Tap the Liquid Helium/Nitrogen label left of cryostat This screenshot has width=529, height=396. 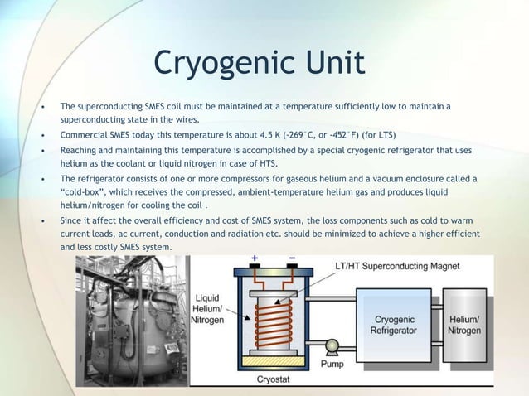point(208,308)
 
